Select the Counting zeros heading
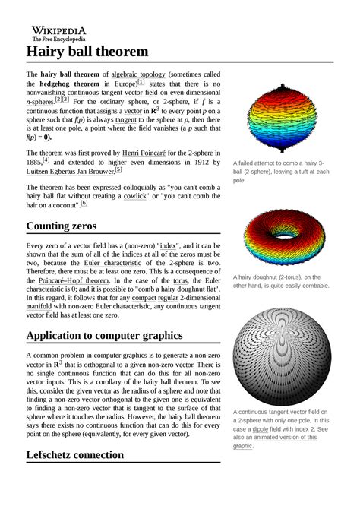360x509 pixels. (69, 226)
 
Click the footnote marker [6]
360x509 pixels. (84, 203)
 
